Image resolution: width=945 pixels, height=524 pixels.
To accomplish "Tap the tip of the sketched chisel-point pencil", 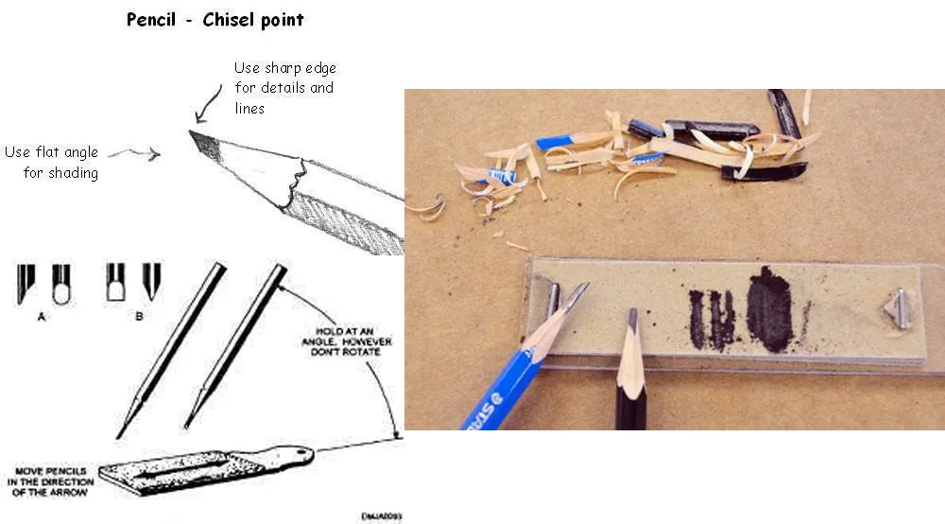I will coord(193,133).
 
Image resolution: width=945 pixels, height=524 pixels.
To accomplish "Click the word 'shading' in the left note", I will coord(60,173).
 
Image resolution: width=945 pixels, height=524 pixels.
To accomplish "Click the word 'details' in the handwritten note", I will coord(289,88).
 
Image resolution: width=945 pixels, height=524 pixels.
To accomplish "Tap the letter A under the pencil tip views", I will coord(42,316).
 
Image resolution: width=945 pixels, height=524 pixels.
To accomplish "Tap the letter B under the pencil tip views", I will coord(138,316).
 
